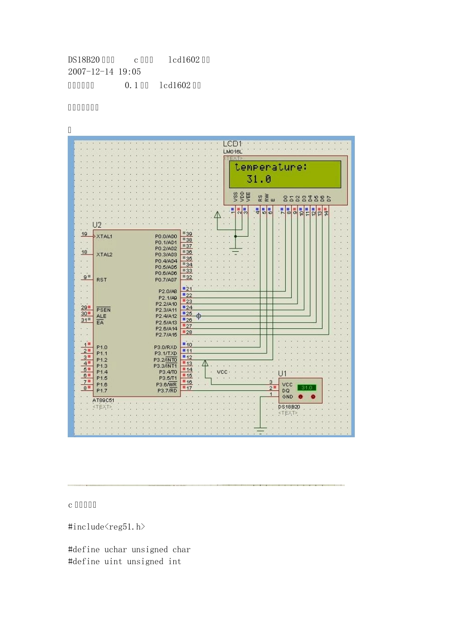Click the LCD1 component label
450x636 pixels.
(232, 144)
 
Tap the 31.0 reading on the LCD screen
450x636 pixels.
(259, 179)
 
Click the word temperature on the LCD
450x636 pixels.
(270, 167)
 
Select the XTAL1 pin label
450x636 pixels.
(104, 236)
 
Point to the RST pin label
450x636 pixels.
(101, 280)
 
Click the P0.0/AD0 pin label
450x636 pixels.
(166, 236)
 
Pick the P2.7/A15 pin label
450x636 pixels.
(166, 335)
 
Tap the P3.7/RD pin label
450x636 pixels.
(167, 390)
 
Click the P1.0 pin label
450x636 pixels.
(102, 347)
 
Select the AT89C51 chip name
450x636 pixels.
(103, 400)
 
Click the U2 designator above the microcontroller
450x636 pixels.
(97, 225)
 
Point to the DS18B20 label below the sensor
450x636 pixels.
(289, 407)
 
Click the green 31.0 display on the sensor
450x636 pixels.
(306, 388)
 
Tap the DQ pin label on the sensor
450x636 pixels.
(286, 391)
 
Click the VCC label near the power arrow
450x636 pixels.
(222, 372)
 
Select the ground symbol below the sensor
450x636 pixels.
(260, 430)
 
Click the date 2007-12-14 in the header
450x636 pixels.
(91, 72)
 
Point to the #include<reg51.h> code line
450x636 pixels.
(107, 527)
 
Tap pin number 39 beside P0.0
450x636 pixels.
(189, 234)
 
